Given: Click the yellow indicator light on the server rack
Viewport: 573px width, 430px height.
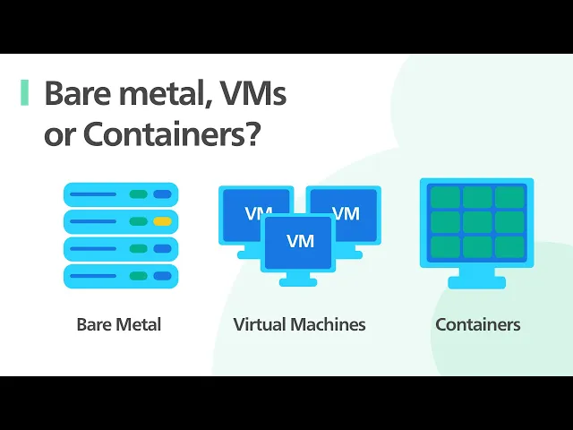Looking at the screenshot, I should point(162,221).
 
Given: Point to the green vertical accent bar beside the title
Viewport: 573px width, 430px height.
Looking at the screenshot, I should point(24,93).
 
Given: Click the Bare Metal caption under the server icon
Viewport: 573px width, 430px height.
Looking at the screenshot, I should point(119,324).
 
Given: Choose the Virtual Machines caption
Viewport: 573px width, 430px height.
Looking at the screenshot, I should point(299,324).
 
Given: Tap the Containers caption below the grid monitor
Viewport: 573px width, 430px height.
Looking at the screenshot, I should point(477,324).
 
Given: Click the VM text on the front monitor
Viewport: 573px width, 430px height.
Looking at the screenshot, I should point(300,241).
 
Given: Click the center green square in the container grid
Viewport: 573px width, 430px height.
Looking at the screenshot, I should point(477,221).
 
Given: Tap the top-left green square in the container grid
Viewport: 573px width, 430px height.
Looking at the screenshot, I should point(445,197).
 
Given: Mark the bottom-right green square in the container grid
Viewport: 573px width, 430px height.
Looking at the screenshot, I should point(509,246).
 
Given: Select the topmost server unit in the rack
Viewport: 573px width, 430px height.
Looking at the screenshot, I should point(121,194).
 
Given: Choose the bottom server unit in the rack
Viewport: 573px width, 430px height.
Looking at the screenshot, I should point(121,275).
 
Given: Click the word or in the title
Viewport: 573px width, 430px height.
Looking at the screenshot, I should point(59,134).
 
